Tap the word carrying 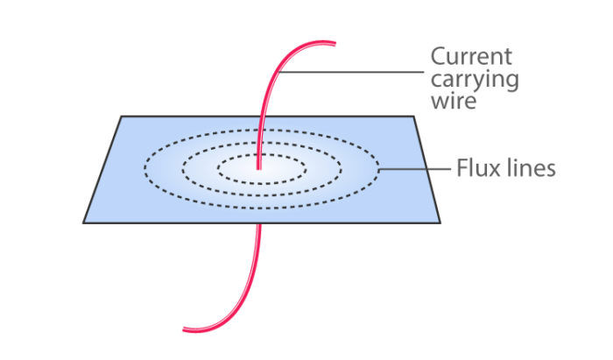tap(474, 80)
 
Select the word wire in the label tap(453, 102)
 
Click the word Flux tap(476, 167)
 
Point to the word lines tap(532, 167)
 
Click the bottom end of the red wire tap(185, 329)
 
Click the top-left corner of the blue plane tap(121, 116)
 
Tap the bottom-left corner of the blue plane tap(84, 222)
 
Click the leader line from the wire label tap(350, 72)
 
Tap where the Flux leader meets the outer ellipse tap(380, 166)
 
